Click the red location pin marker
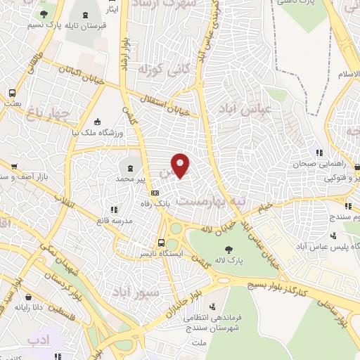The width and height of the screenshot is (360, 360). pyautogui.click(x=181, y=165)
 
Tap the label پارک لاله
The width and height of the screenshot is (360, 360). pyautogui.click(x=227, y=261)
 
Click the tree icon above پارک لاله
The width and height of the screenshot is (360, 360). pyautogui.click(x=227, y=249)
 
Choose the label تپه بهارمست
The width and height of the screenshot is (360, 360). pyautogui.click(x=211, y=200)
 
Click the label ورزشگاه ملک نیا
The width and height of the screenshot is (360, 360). pyautogui.click(x=98, y=132)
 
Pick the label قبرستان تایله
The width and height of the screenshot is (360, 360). pyautogui.click(x=86, y=25)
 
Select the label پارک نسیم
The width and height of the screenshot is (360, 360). pyautogui.click(x=45, y=25)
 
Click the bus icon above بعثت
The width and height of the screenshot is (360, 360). pyautogui.click(x=13, y=93)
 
